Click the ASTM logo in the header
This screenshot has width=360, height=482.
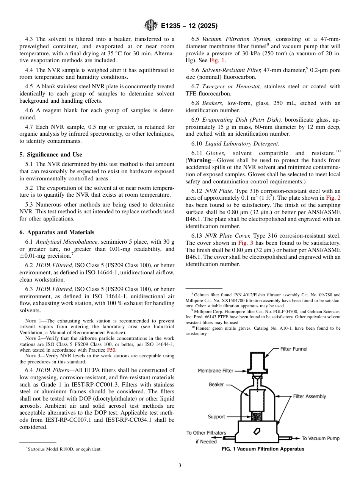[x=151, y=26]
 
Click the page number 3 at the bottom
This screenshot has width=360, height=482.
[x=180, y=466]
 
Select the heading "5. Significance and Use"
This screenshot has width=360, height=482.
[x=50, y=155]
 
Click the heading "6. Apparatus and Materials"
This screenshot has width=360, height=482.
[x=57, y=232]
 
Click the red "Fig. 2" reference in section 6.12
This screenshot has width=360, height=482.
[x=333, y=197]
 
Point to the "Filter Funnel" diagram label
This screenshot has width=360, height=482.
[x=294, y=349]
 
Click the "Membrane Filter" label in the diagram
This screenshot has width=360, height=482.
[x=216, y=371]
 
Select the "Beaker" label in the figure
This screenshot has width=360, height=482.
[x=216, y=385]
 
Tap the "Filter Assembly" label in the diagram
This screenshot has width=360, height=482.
[x=309, y=396]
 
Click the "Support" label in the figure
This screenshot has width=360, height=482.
[x=216, y=417]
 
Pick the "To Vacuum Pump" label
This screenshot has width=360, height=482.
[x=320, y=438]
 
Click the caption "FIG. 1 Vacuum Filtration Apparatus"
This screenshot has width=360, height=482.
[x=263, y=449]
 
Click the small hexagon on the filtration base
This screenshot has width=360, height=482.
[x=257, y=431]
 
